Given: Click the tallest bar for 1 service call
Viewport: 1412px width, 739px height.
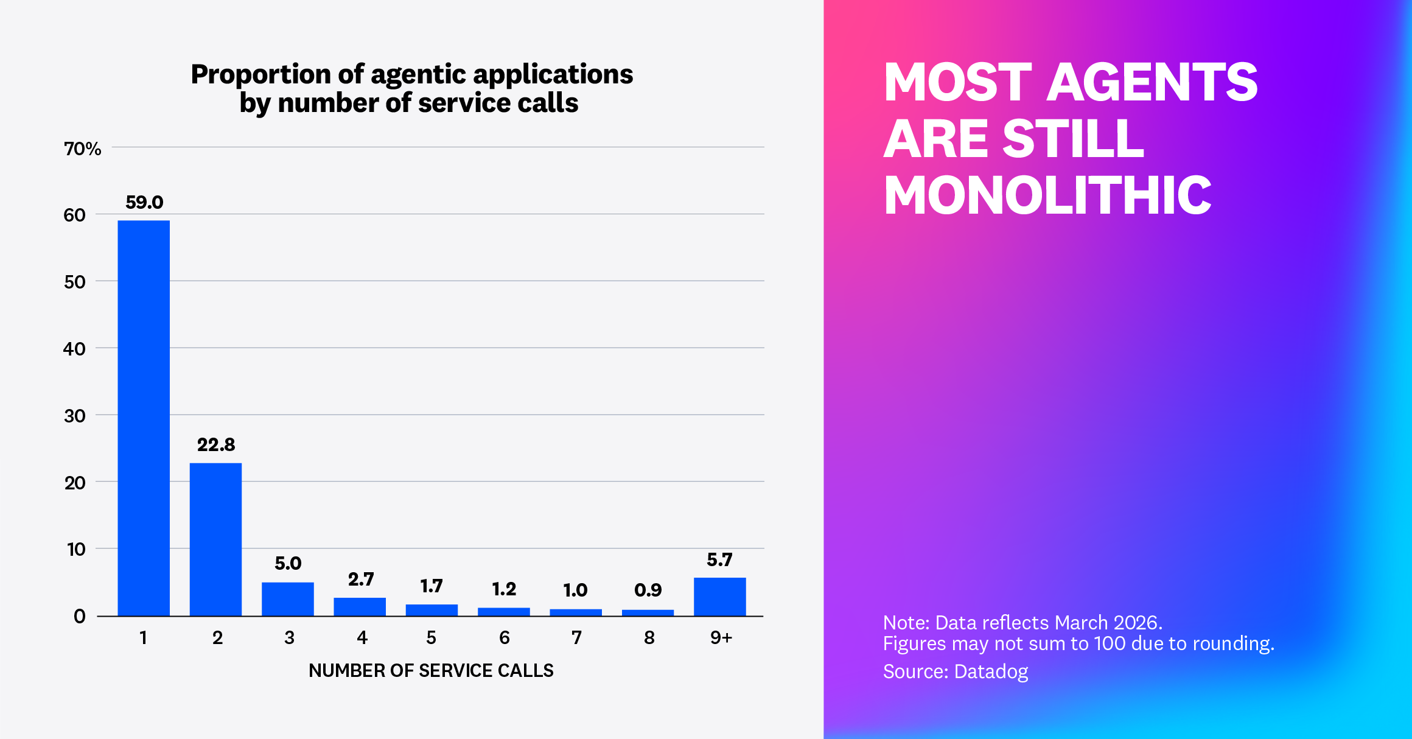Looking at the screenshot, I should [144, 418].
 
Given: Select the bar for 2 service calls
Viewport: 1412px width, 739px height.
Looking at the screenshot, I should [215, 539].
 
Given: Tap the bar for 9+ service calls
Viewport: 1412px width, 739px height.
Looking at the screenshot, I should [719, 597].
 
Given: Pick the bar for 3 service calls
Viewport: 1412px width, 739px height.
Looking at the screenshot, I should [288, 599].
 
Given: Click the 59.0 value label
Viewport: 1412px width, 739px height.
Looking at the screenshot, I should [144, 202].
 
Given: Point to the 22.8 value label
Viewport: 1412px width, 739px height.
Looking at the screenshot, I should [216, 445].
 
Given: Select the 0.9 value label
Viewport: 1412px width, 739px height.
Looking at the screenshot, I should [648, 590].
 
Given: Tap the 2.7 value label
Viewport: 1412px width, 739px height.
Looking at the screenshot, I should [360, 579].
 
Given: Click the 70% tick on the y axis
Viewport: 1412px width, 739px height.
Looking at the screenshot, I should [82, 149].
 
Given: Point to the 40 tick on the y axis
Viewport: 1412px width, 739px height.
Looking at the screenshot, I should [74, 349].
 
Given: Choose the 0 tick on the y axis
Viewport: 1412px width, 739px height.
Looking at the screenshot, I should [79, 616].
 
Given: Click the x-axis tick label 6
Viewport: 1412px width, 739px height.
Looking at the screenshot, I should [504, 637].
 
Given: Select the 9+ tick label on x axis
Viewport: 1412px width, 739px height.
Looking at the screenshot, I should [721, 637].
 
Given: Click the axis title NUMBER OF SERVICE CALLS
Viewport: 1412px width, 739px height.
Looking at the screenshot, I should [431, 670].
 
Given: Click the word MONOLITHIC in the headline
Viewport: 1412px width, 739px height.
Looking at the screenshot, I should [1047, 195].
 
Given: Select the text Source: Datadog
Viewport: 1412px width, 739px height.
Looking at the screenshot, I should [955, 671].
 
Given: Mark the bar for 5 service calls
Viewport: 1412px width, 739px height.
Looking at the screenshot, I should [432, 610].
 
